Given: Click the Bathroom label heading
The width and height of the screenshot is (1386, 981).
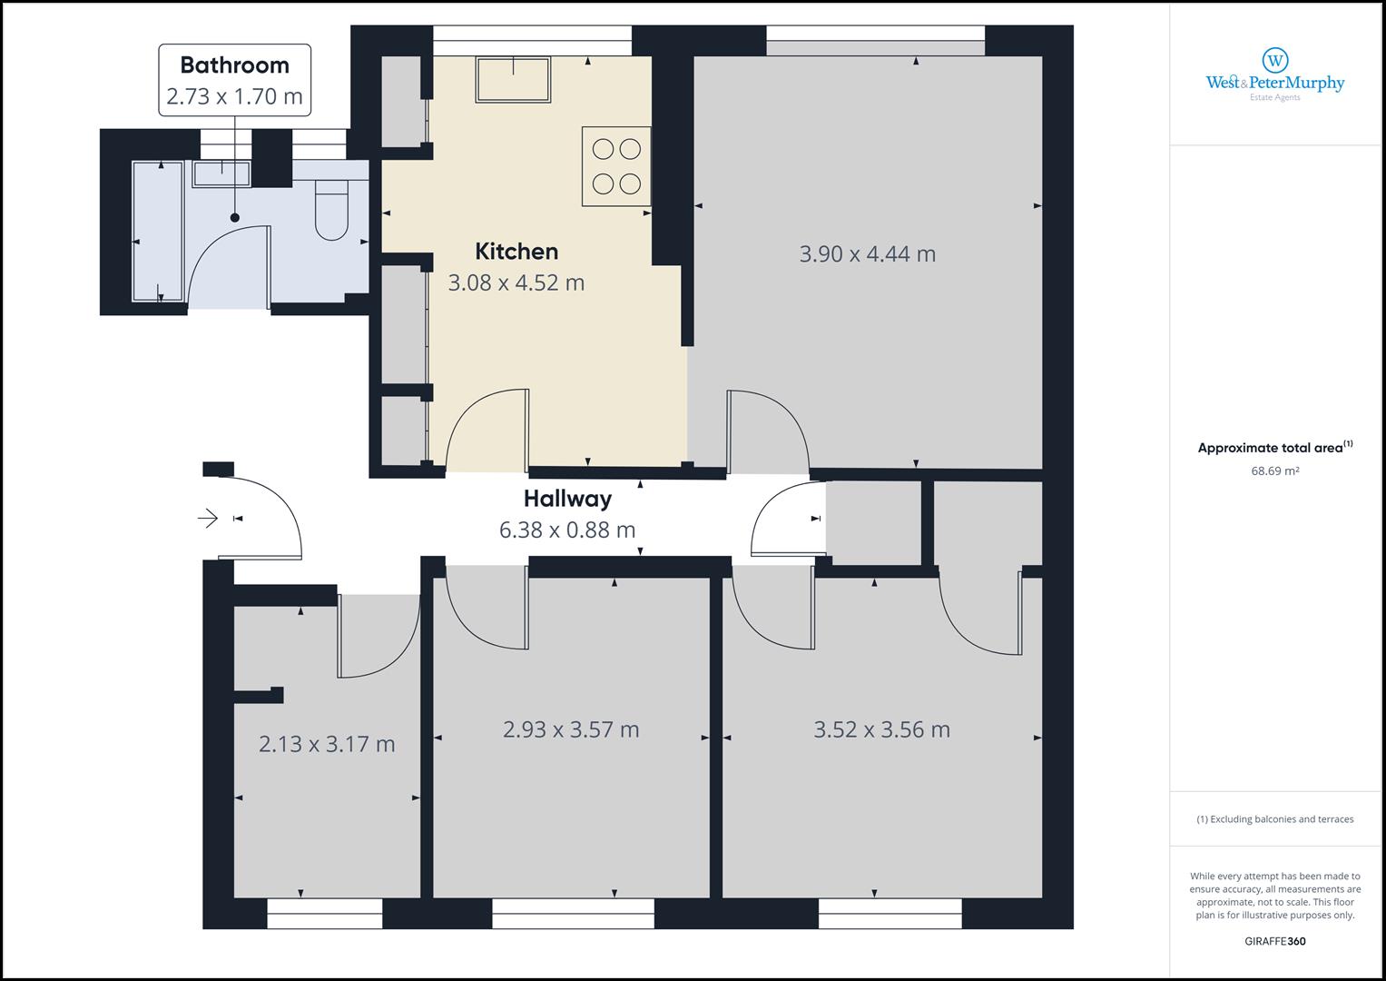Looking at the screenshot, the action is tap(234, 65).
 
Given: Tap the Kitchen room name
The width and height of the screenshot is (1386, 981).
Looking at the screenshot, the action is tap(516, 252).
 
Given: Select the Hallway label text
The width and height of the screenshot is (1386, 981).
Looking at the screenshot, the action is tap(567, 500).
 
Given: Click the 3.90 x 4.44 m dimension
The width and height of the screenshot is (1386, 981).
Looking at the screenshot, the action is tap(868, 254).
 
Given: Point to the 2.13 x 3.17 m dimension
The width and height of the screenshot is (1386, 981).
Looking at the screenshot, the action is tap(327, 744).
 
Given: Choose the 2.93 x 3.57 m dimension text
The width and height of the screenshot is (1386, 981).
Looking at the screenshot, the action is tap(571, 729).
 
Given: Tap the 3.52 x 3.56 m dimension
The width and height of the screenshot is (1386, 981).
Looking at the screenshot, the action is tap(881, 729).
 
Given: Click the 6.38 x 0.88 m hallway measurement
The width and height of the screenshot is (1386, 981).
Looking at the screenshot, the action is tap(567, 530).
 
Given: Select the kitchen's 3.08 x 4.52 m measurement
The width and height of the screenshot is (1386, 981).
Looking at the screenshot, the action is tap(516, 283).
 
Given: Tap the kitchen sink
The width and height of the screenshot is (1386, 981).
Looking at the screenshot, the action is tap(513, 80).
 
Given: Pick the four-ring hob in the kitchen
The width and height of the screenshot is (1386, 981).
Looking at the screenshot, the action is tap(616, 166).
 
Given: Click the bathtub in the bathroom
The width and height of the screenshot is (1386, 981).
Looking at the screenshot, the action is tap(159, 232).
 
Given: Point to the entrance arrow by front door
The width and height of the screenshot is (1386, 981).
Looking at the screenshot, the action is tap(208, 518).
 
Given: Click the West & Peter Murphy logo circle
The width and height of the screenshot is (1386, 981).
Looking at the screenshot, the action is tap(1275, 61).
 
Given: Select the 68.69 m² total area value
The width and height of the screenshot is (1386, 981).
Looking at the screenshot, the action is tap(1275, 471).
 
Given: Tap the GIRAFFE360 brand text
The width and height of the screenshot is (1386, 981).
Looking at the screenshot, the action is tap(1275, 941).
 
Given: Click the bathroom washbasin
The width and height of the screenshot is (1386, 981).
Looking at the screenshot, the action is tap(221, 173).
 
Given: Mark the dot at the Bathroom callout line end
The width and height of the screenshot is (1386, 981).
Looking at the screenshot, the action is tap(235, 217).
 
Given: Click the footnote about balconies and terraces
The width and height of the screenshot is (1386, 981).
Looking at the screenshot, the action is tap(1275, 819).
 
